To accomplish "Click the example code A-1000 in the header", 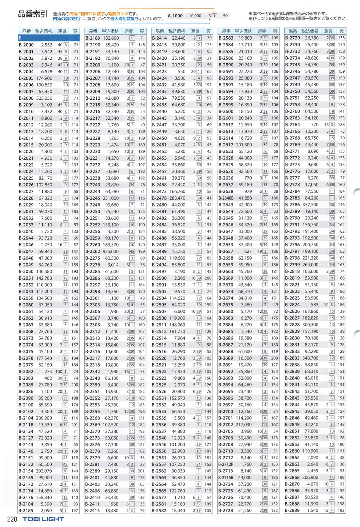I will pos(175,16).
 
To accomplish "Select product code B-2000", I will pos(26,45).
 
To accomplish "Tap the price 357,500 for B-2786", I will pos(310,205).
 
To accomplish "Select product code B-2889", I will pos(292,510).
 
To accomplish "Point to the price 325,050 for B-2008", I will pos(44,98).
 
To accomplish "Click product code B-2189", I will pos(93,38).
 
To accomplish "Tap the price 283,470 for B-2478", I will pos(177,198).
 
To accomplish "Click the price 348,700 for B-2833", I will pos(310,358).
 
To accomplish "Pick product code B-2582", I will pos(159,510).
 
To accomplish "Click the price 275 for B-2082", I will pos(48,372).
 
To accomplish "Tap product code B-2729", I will pos(292,38).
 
